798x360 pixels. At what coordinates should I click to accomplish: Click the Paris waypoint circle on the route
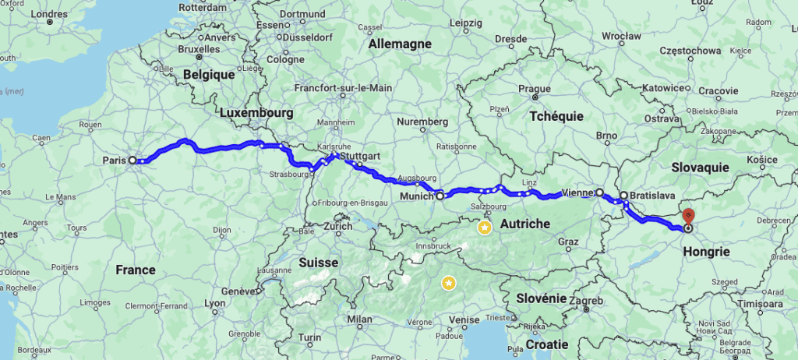[132, 160]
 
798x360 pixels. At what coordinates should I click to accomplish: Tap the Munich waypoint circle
[440, 196]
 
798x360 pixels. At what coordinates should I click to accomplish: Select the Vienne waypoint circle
[599, 192]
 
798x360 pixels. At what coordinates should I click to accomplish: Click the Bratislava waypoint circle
[623, 196]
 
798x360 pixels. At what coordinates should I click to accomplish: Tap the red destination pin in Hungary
[688, 215]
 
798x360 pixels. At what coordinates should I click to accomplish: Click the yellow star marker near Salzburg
[485, 228]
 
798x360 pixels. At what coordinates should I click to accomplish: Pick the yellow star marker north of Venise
[449, 283]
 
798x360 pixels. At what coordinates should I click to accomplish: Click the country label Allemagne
[400, 44]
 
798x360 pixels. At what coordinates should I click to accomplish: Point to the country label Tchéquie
[556, 115]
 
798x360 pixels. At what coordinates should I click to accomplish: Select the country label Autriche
[524, 224]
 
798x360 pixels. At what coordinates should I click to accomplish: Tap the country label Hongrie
[705, 252]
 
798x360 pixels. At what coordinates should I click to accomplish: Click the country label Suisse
[318, 263]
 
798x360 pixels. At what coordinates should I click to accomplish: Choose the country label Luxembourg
[256, 113]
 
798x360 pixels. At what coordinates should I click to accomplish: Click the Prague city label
[535, 89]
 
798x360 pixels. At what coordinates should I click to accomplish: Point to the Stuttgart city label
[360, 156]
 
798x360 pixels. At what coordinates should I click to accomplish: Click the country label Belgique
[209, 75]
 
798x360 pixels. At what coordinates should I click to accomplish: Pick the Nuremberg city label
[422, 122]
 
